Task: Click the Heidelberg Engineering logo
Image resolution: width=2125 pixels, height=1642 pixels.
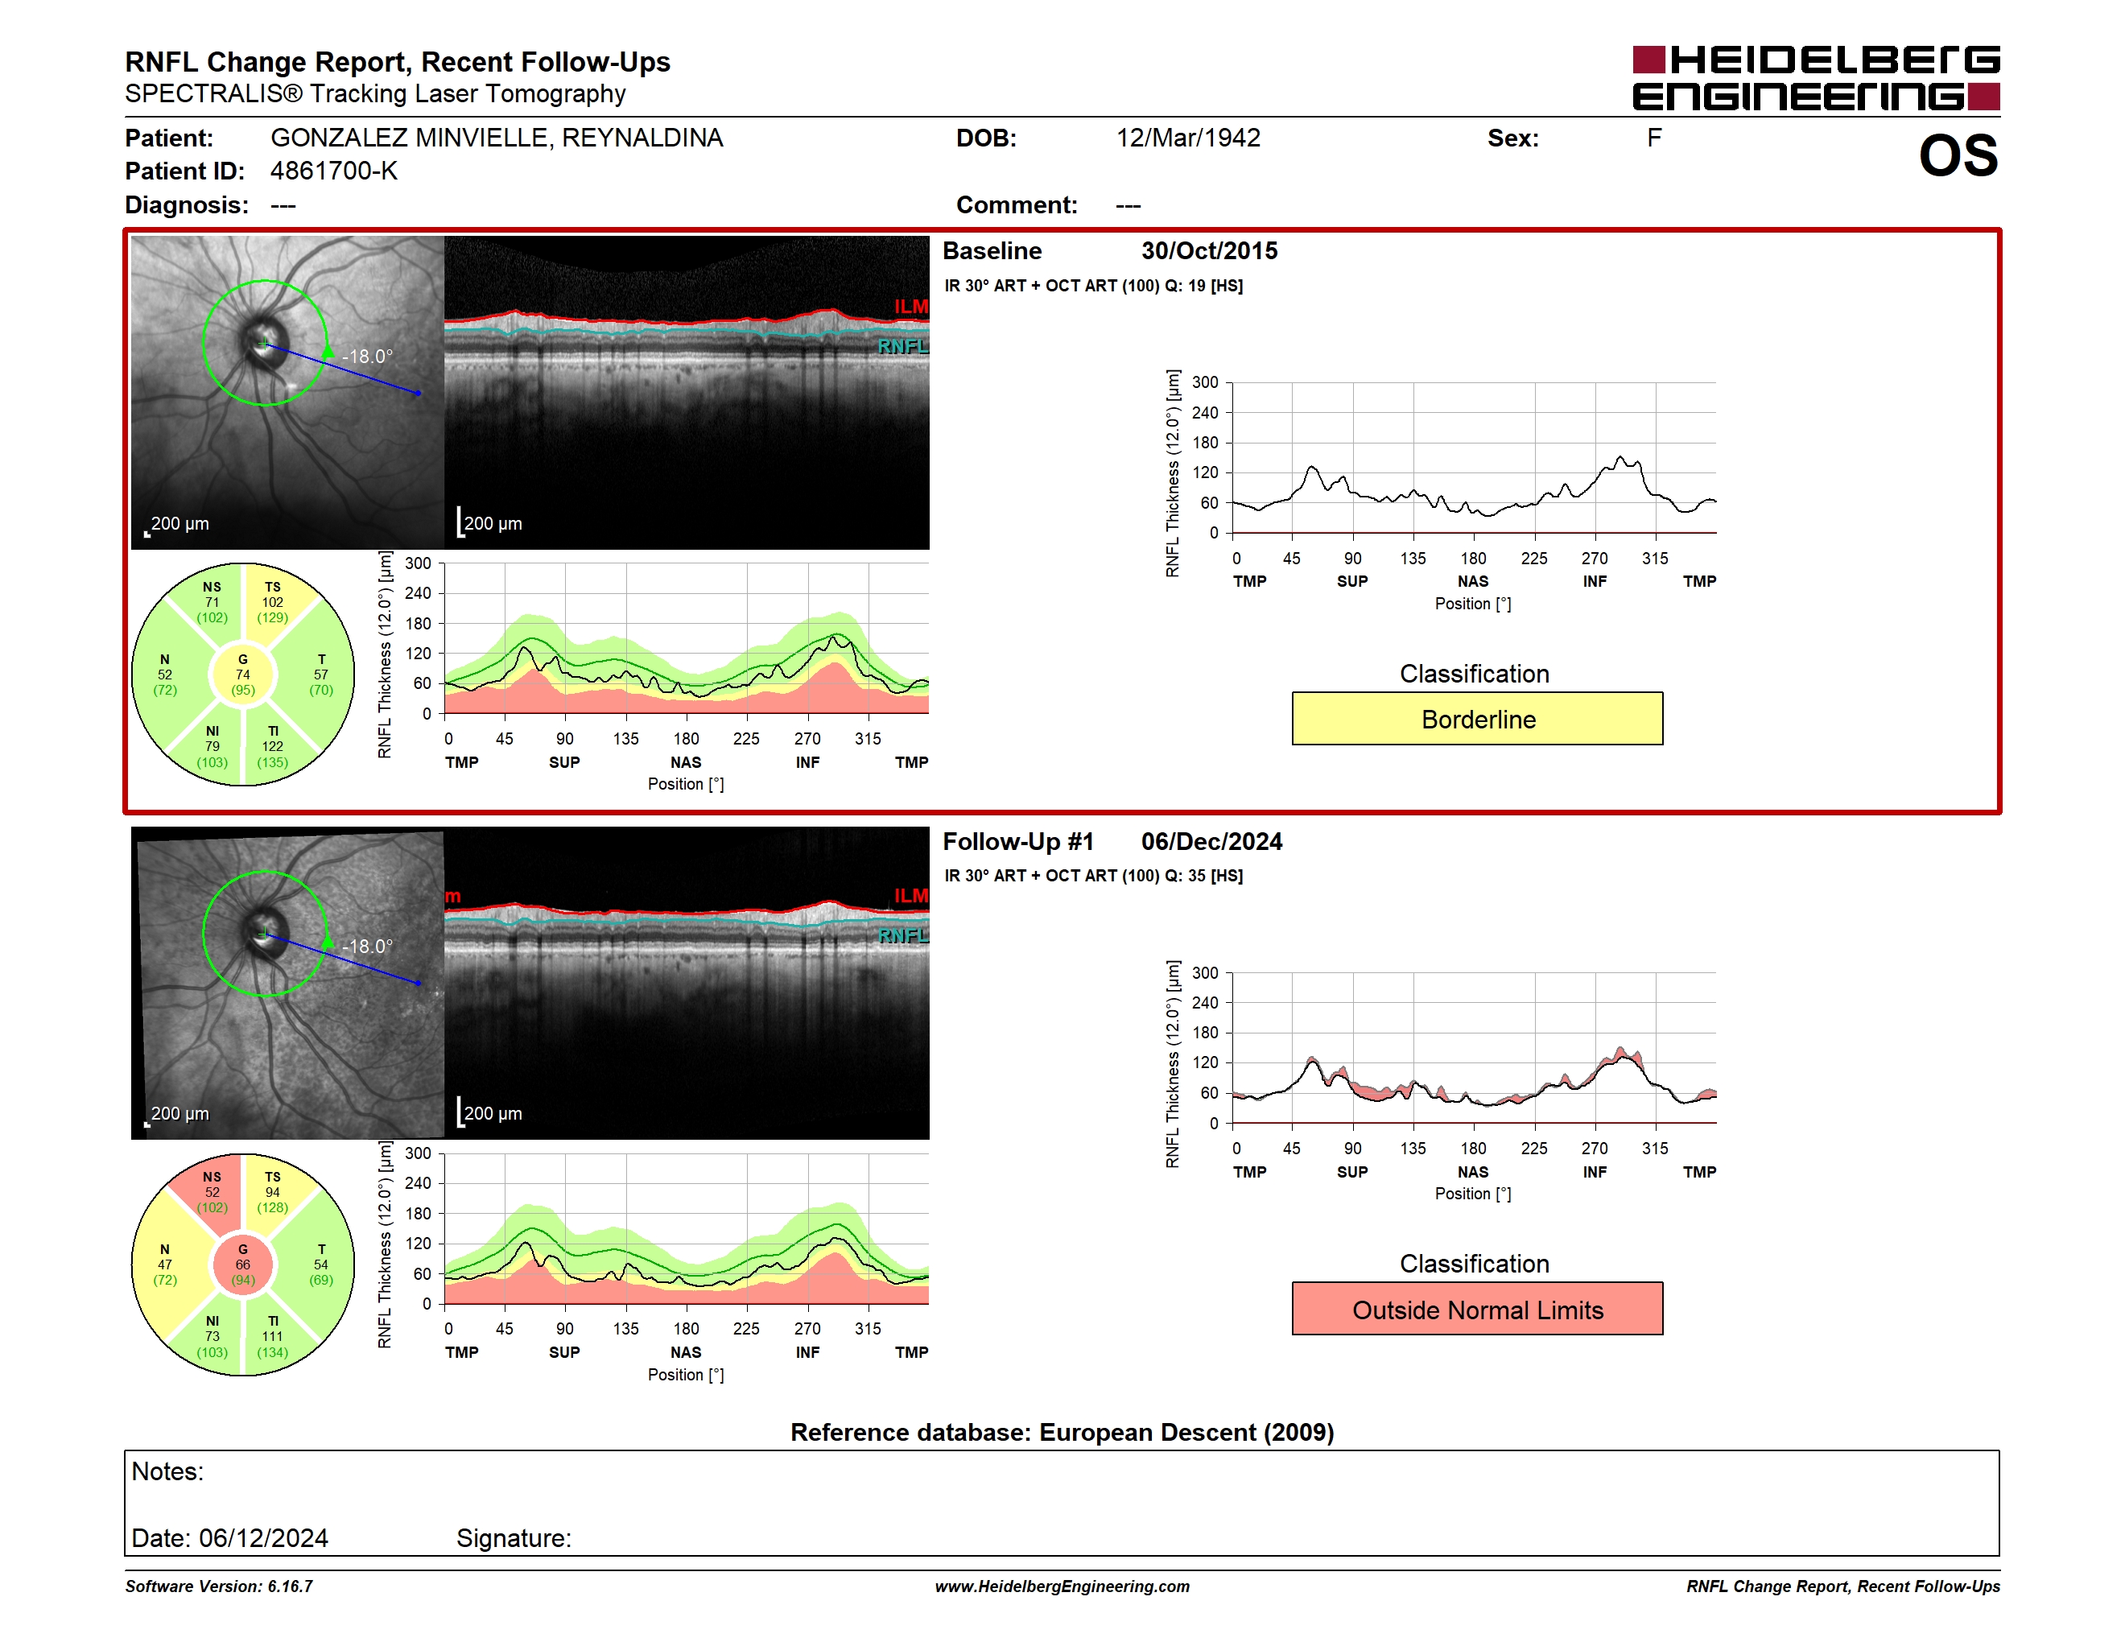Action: click(x=1816, y=78)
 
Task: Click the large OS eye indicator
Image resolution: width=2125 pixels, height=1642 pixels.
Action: click(x=1958, y=155)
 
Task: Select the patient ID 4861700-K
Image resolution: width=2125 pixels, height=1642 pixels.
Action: click(x=334, y=171)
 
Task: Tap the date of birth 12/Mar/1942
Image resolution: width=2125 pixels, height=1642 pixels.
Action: click(x=1188, y=138)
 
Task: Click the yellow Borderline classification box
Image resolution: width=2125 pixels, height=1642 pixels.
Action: click(x=1477, y=719)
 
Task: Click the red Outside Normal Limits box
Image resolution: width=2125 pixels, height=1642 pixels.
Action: click(x=1477, y=1310)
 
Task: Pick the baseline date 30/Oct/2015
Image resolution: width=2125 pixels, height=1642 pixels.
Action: click(x=1210, y=251)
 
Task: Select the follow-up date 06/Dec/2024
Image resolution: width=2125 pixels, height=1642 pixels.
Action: click(x=1211, y=841)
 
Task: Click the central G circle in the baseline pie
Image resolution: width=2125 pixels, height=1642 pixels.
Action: click(x=243, y=675)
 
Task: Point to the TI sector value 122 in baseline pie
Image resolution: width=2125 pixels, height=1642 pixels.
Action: click(x=272, y=747)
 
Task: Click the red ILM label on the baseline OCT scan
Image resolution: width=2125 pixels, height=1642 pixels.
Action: click(x=910, y=307)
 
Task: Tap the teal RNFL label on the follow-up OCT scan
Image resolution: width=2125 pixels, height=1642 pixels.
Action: click(x=903, y=936)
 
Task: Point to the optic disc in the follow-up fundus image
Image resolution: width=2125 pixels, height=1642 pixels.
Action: click(x=262, y=934)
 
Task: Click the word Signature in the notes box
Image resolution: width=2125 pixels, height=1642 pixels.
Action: click(x=514, y=1538)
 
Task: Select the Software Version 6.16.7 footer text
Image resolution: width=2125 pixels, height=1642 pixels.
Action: click(x=219, y=1586)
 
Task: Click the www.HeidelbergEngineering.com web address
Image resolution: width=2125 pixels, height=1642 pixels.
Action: click(x=1062, y=1586)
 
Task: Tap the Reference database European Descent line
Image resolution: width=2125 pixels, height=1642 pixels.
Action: click(x=1062, y=1432)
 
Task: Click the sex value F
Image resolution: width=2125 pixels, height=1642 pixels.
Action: click(x=1654, y=138)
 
